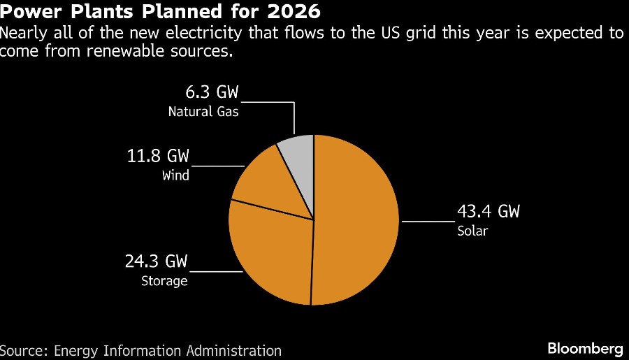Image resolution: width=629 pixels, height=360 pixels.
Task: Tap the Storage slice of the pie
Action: [x=269, y=248]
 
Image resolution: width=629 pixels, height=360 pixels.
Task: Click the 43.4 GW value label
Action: [x=489, y=211]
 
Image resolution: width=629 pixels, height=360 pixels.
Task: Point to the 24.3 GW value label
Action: [x=157, y=262]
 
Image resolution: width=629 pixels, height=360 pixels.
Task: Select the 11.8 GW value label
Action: [x=157, y=156]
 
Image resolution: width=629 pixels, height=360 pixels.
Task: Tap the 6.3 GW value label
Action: [x=208, y=93]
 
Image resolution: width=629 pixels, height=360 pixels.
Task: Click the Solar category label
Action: [x=472, y=231]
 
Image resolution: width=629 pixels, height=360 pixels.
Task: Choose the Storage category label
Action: [x=164, y=281]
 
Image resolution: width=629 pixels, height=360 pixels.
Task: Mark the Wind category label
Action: [x=175, y=175]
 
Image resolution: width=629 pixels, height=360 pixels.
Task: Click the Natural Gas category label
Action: [x=203, y=111]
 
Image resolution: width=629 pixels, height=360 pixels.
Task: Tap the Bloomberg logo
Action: [x=585, y=348]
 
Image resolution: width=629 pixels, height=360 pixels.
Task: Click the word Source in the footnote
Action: [x=21, y=350]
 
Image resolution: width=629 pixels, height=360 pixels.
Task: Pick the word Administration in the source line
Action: [x=232, y=350]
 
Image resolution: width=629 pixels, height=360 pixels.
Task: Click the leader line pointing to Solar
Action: [x=426, y=221]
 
